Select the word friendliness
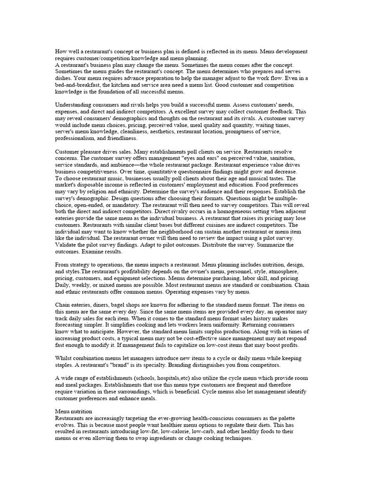coord(121,138)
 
